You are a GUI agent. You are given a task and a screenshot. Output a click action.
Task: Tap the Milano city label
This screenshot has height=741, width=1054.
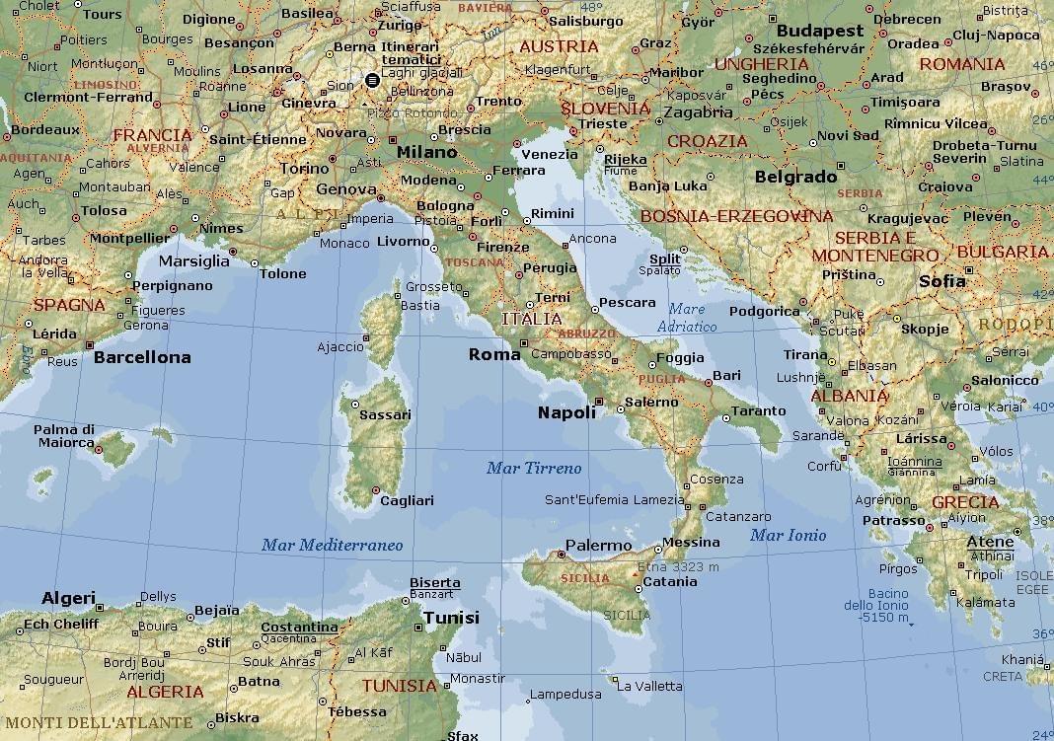(x=426, y=153)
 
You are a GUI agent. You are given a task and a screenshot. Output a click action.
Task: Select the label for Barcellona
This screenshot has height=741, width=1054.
(x=142, y=357)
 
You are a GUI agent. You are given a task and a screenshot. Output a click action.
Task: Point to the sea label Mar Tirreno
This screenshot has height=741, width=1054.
(x=534, y=469)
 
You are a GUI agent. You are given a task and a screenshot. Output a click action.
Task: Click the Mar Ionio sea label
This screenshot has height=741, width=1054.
(x=788, y=536)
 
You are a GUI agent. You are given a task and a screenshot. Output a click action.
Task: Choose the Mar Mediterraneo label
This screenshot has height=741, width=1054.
(x=332, y=545)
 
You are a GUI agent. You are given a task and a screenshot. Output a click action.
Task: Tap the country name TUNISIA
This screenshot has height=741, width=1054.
(x=399, y=686)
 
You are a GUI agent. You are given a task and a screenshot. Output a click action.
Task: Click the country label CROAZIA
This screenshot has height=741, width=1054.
(x=708, y=141)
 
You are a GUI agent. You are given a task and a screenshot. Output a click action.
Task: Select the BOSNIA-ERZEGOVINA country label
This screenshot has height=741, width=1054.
(x=737, y=216)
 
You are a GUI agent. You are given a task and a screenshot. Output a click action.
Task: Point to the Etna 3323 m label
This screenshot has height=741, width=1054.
(x=678, y=567)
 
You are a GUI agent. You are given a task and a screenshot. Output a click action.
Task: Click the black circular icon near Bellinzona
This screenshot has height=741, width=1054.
(x=372, y=80)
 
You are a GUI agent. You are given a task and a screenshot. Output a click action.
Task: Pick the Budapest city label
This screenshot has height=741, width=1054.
(x=819, y=31)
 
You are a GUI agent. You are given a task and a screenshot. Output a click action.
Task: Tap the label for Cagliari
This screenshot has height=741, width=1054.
(x=407, y=501)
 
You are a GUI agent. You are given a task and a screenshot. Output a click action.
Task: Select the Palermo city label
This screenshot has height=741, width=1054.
(x=598, y=546)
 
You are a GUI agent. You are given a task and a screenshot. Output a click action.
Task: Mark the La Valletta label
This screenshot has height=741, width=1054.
(x=648, y=687)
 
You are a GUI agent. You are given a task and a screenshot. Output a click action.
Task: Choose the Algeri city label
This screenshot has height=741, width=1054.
(x=68, y=598)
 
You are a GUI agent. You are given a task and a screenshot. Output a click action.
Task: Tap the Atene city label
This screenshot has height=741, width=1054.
(x=990, y=542)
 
